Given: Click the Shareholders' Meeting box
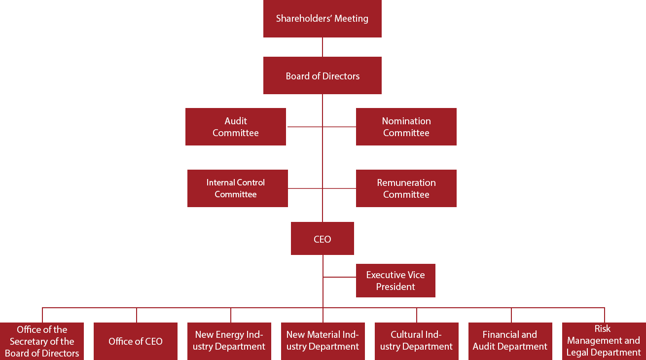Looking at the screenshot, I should pos(322,19).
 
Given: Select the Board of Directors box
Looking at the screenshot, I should pos(322,75).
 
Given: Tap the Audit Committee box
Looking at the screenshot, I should pos(235,127).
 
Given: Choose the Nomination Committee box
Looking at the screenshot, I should pos(406,127).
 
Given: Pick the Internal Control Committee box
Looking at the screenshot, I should pos(237,188).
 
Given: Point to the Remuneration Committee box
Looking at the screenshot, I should pos(406,188).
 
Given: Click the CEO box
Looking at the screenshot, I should pos(322,239).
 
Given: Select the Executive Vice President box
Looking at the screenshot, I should pos(395,281).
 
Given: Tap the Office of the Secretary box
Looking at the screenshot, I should pos(42,341).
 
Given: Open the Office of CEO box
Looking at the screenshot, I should pos(135,341).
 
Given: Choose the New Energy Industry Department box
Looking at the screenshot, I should pos(229,341).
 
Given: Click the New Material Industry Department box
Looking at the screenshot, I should pos(323,341).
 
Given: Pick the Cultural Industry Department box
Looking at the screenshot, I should pos(416,341).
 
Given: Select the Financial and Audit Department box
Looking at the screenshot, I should pos(510,341).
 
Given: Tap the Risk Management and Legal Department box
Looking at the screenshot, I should pos(603,341).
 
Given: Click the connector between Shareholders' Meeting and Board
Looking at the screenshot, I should pos(323,47).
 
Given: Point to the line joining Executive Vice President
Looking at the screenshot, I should pos(339,277).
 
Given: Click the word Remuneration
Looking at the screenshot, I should pos(406,182).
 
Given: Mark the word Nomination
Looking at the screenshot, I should pos(406,121).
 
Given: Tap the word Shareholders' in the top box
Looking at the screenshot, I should pos(303,19).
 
